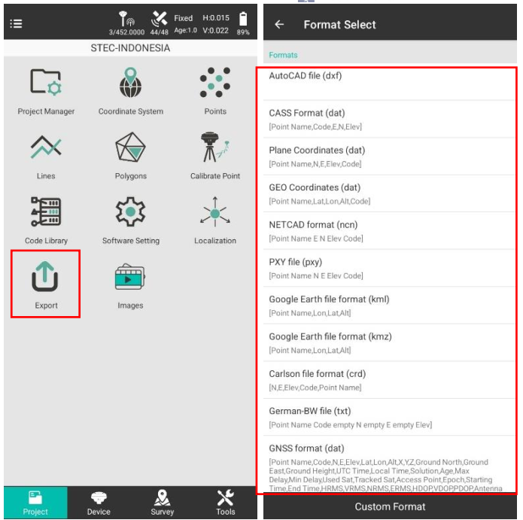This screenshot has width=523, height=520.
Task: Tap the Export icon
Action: (45, 276)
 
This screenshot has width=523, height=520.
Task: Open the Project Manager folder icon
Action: (46, 82)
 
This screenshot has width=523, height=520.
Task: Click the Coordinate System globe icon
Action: (130, 82)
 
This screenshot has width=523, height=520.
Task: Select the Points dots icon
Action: (215, 82)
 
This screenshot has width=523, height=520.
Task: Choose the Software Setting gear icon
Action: (130, 211)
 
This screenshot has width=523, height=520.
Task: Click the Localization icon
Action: (215, 211)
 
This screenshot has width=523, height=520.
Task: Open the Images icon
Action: (130, 277)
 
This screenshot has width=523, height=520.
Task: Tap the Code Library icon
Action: (46, 211)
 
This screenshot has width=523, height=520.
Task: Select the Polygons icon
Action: (130, 147)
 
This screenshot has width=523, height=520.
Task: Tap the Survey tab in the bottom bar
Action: (162, 503)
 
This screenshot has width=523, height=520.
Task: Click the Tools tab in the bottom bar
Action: (226, 503)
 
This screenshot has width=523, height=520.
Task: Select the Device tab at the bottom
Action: (99, 503)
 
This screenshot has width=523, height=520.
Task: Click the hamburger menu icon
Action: (16, 23)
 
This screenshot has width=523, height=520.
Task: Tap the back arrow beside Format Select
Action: (279, 24)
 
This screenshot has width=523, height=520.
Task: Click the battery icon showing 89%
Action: (243, 19)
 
